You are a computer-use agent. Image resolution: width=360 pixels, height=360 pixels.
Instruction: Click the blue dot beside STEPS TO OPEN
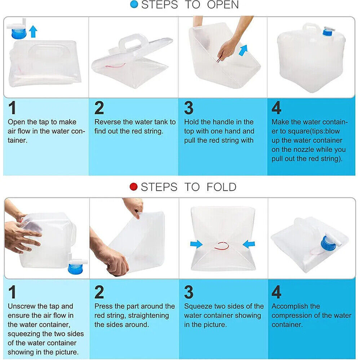(x=134, y=4)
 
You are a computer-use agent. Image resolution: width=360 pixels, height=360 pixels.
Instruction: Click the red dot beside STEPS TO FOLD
(x=133, y=186)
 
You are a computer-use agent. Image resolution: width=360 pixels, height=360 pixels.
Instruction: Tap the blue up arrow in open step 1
(x=33, y=31)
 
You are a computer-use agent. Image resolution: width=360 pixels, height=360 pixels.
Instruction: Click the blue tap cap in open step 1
(x=19, y=33)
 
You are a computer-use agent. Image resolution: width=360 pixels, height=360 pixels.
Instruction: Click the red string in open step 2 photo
(x=115, y=66)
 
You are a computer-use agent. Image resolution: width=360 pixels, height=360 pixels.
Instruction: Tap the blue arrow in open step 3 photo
(x=243, y=50)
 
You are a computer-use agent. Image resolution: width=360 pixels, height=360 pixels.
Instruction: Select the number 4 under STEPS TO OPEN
(x=276, y=108)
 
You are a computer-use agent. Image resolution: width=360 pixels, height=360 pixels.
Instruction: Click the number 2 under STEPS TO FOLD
(x=99, y=292)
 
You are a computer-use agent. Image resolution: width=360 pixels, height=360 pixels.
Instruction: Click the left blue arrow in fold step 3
(x=196, y=244)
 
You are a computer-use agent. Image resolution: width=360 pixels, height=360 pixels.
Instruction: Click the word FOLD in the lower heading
(x=221, y=187)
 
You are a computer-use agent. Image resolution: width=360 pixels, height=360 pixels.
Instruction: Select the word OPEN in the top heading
(x=223, y=5)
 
